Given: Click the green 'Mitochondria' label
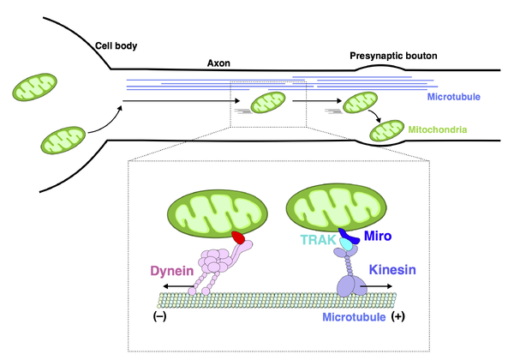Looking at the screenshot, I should (439, 129).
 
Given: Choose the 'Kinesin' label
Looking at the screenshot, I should (393, 269).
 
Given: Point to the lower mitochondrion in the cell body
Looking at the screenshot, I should (63, 137).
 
